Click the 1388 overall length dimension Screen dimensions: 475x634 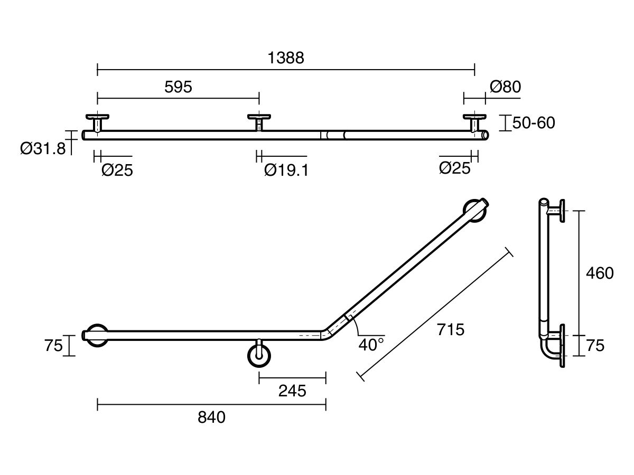pyautogui.click(x=286, y=58)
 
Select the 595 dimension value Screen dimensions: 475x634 pyautogui.click(x=178, y=87)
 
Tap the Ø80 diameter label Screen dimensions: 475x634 pyautogui.click(x=505, y=87)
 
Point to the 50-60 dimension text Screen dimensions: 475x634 pyautogui.click(x=533, y=123)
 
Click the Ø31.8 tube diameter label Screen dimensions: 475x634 pyautogui.click(x=43, y=149)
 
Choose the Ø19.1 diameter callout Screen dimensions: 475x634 pyautogui.click(x=286, y=170)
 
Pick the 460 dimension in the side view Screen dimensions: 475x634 pyautogui.click(x=600, y=273)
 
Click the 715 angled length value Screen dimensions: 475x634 pyautogui.click(x=451, y=329)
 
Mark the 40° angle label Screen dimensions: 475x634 pyautogui.click(x=371, y=345)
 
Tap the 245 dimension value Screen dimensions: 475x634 pyautogui.click(x=292, y=391)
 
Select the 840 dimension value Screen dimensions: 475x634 pyautogui.click(x=211, y=417)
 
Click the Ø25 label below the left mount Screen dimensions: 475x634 pyautogui.click(x=117, y=170)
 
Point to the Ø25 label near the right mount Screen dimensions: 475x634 pyautogui.click(x=454, y=168)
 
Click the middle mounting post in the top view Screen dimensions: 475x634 pyautogui.click(x=259, y=122)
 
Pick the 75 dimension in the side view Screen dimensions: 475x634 pyautogui.click(x=595, y=346)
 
